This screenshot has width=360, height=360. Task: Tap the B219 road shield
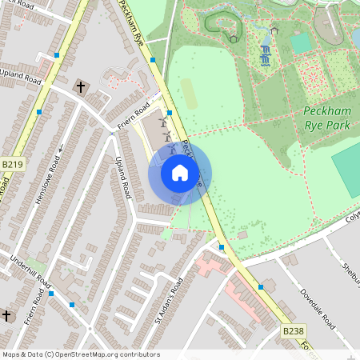[13, 164]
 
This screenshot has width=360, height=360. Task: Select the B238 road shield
[294, 330]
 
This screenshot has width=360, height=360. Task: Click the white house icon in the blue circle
[180, 173]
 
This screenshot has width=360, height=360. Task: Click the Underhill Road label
[30, 273]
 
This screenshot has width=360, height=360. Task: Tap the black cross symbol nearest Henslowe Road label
[80, 86]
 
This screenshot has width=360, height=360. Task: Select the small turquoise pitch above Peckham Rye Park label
[301, 42]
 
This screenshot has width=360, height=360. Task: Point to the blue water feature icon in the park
[265, 54]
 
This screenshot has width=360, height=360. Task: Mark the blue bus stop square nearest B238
[261, 286]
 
